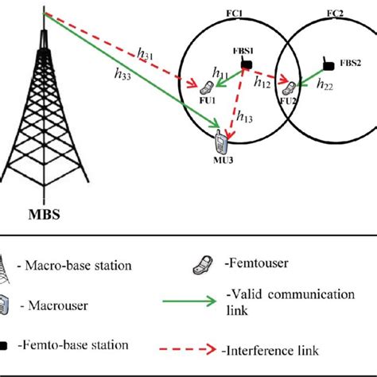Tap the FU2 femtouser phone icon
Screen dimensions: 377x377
(293, 87)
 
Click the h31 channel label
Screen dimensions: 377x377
(146, 53)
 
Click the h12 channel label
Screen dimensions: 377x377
(262, 82)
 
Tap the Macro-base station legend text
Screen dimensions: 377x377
(88, 264)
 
